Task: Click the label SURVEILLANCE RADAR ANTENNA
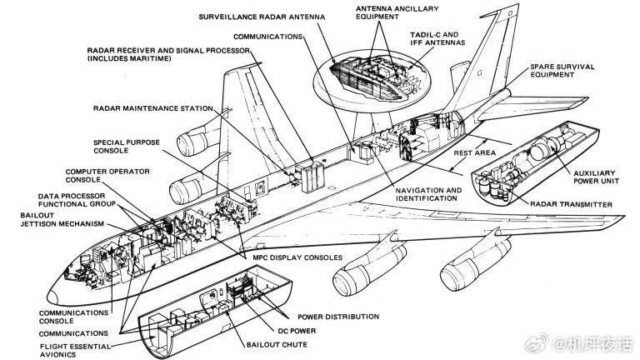262,17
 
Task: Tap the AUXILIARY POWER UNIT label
596,177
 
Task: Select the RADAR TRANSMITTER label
571,204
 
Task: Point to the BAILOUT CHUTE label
277,344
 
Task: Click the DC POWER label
297,331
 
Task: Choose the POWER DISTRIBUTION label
338,317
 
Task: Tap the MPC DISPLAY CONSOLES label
297,257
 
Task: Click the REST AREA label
475,153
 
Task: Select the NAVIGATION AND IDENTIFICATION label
428,194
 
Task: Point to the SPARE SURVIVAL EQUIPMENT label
562,71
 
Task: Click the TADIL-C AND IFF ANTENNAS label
437,39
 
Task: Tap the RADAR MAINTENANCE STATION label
153,108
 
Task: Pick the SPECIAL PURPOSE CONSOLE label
127,147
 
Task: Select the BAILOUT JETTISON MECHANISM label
62,220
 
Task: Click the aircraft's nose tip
47,297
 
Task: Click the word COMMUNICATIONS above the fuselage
267,37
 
